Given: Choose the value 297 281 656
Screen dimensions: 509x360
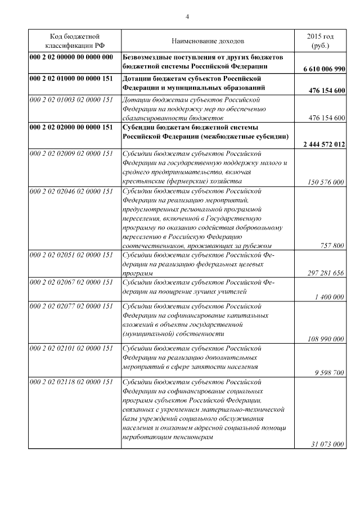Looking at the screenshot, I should pyautogui.click(x=322, y=273).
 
